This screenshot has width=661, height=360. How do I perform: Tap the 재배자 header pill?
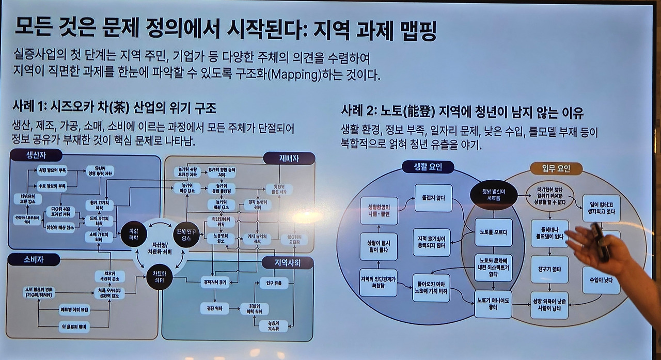click(x=289, y=159)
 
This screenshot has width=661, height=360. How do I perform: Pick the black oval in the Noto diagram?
click(x=493, y=194)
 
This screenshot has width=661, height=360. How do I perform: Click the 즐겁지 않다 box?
click(x=433, y=198)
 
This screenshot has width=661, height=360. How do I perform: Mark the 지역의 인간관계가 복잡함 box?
click(x=379, y=283)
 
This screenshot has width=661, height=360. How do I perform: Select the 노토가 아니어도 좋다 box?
click(x=493, y=304)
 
